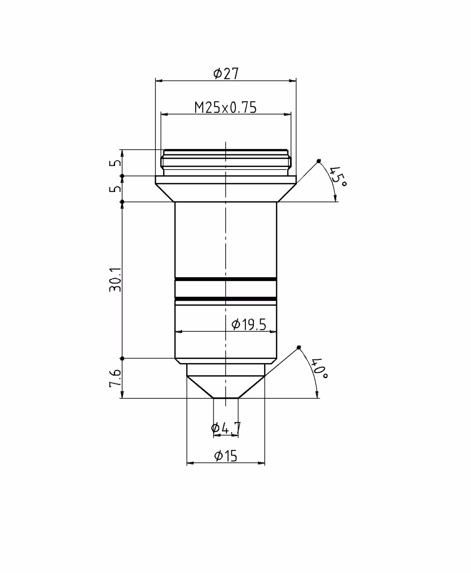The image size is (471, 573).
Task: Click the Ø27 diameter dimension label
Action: point(226,73)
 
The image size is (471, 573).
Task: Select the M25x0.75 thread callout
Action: point(226,107)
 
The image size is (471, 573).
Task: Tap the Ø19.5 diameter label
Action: point(248,325)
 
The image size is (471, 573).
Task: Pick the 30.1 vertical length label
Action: point(115,280)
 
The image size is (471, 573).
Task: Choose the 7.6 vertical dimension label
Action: point(115,378)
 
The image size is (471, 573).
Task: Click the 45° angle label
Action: point(338,176)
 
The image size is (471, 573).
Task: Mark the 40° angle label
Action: point(320,368)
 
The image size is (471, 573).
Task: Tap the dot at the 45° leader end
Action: point(319,161)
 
